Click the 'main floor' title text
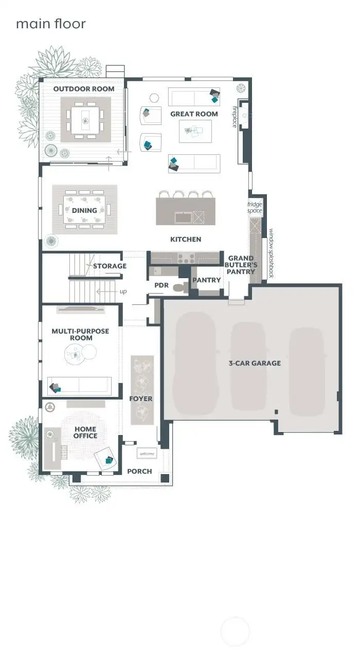tap(50, 24)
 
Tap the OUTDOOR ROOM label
tap(84, 89)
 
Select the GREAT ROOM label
tap(194, 114)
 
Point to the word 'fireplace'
tap(235, 117)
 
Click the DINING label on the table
tap(84, 210)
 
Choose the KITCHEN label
tap(186, 239)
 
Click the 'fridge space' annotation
tap(255, 207)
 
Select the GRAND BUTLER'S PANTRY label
tap(241, 265)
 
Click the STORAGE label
tap(110, 266)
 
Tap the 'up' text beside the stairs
tap(123, 292)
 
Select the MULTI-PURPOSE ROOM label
tap(80, 335)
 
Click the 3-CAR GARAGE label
tap(255, 363)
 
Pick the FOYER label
tap(140, 398)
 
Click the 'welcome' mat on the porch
tap(147, 454)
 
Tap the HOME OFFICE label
tap(85, 432)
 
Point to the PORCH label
tap(139, 471)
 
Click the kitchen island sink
tap(183, 217)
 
